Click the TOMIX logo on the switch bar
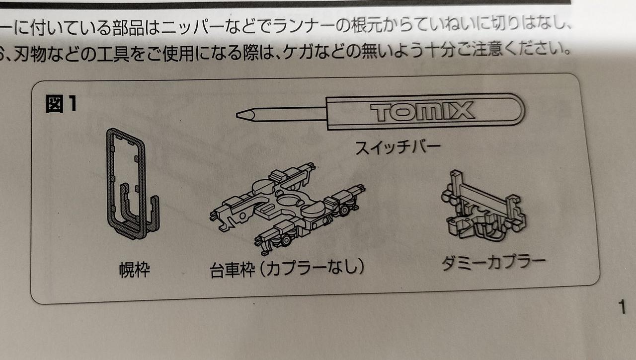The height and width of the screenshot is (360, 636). pyautogui.click(x=422, y=112)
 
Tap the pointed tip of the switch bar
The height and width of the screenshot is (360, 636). pyautogui.click(x=237, y=115)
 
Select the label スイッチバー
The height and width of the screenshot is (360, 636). pyautogui.click(x=398, y=148)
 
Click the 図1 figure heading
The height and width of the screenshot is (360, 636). pyautogui.click(x=61, y=104)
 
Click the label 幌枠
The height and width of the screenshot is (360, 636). pyautogui.click(x=134, y=270)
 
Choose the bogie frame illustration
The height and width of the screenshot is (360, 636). pyautogui.click(x=287, y=209)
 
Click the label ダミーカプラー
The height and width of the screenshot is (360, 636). pyautogui.click(x=493, y=263)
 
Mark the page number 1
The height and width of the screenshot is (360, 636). pyautogui.click(x=623, y=307)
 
